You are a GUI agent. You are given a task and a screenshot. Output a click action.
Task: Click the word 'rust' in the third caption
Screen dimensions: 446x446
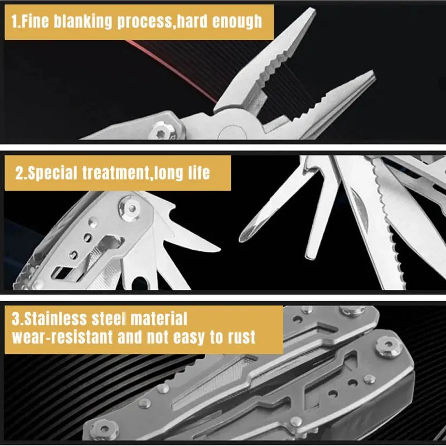click(x=241, y=337)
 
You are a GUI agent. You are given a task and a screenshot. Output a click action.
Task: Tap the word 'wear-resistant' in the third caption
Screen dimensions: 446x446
click(x=62, y=337)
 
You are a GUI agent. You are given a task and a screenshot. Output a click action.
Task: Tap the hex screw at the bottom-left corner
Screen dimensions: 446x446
click(x=104, y=429)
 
